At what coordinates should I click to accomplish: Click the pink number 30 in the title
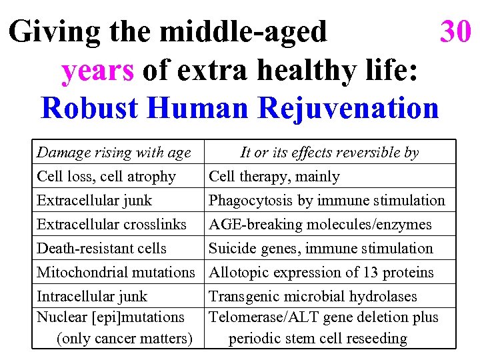(x=455, y=31)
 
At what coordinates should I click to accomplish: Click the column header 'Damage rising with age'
(x=113, y=153)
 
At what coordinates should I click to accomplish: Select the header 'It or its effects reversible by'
(x=329, y=153)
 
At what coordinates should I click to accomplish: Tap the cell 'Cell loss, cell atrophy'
(x=106, y=177)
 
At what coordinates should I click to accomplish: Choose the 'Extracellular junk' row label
(x=94, y=201)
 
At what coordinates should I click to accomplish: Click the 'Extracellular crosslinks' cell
(x=111, y=225)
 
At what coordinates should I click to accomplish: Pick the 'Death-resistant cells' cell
(x=101, y=249)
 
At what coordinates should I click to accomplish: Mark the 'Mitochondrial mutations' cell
(x=115, y=273)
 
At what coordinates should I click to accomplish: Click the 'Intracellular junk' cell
(x=92, y=297)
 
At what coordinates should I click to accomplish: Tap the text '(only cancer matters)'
(x=125, y=339)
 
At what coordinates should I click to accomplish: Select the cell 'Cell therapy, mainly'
(x=274, y=177)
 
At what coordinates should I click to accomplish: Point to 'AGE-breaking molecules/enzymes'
(x=320, y=225)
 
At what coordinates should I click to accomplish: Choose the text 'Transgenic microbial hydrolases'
(x=313, y=297)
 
